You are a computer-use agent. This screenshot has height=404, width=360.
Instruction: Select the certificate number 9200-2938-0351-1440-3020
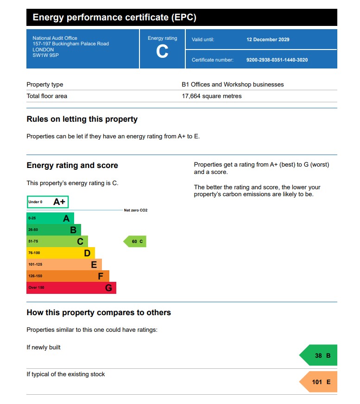[277, 60]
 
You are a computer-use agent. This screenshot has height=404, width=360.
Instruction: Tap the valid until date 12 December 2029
[268, 40]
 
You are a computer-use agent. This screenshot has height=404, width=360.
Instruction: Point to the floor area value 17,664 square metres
[211, 96]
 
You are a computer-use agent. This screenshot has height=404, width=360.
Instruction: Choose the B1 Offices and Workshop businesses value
[232, 85]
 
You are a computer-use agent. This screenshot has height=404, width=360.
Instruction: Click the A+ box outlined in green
[48, 202]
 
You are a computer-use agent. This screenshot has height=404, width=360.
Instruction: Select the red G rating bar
[71, 288]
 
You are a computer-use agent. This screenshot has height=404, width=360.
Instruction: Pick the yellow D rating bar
[60, 253]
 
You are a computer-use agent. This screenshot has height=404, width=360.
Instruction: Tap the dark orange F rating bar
[68, 276]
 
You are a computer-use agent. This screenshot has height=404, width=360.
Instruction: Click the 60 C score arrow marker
[135, 242]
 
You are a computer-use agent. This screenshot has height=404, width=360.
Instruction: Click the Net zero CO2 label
[135, 210]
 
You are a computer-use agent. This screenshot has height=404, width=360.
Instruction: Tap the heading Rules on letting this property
[82, 119]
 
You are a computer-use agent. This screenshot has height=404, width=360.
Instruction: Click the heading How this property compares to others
[99, 313]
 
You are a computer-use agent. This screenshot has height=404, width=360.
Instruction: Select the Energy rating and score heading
[72, 166]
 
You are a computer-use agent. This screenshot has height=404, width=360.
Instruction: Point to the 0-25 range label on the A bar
[32, 218]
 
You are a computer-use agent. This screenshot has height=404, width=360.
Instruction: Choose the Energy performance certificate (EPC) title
[114, 18]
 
